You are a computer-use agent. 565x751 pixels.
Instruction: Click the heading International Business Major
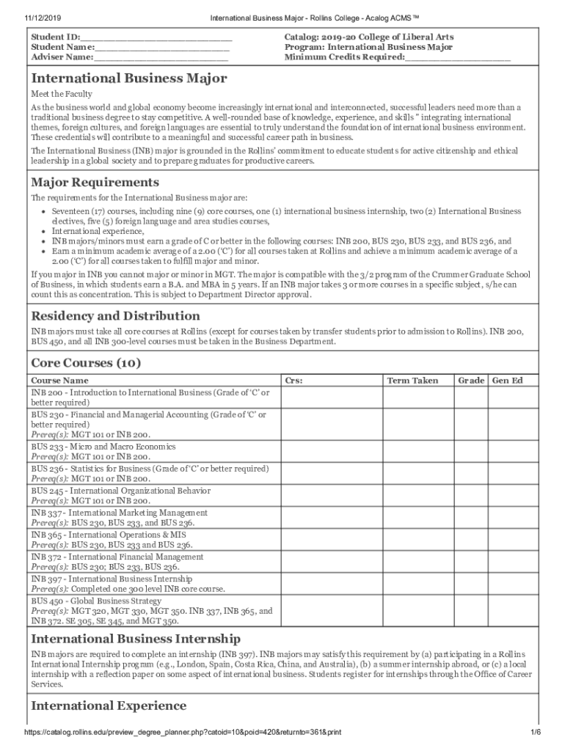(128, 78)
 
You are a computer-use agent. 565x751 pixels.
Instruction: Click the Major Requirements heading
(94, 182)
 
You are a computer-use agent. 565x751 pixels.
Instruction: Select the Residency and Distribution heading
(114, 316)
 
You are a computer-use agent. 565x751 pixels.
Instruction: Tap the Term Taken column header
(412, 380)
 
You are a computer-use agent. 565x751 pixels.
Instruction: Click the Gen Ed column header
(507, 380)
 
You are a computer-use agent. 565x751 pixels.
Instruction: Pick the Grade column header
(471, 380)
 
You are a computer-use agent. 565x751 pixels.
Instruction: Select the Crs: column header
(294, 380)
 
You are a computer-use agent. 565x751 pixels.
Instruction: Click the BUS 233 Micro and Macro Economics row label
(103, 447)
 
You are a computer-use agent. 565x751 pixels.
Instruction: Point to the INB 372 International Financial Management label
(117, 557)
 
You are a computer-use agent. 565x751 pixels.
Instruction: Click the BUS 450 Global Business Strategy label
(96, 601)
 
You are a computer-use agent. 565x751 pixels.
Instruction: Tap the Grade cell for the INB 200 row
(471, 398)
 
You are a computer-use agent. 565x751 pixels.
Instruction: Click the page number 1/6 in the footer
(536, 733)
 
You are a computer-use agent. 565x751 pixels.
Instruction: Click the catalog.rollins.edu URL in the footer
(183, 733)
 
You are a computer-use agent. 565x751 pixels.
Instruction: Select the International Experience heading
(109, 706)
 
